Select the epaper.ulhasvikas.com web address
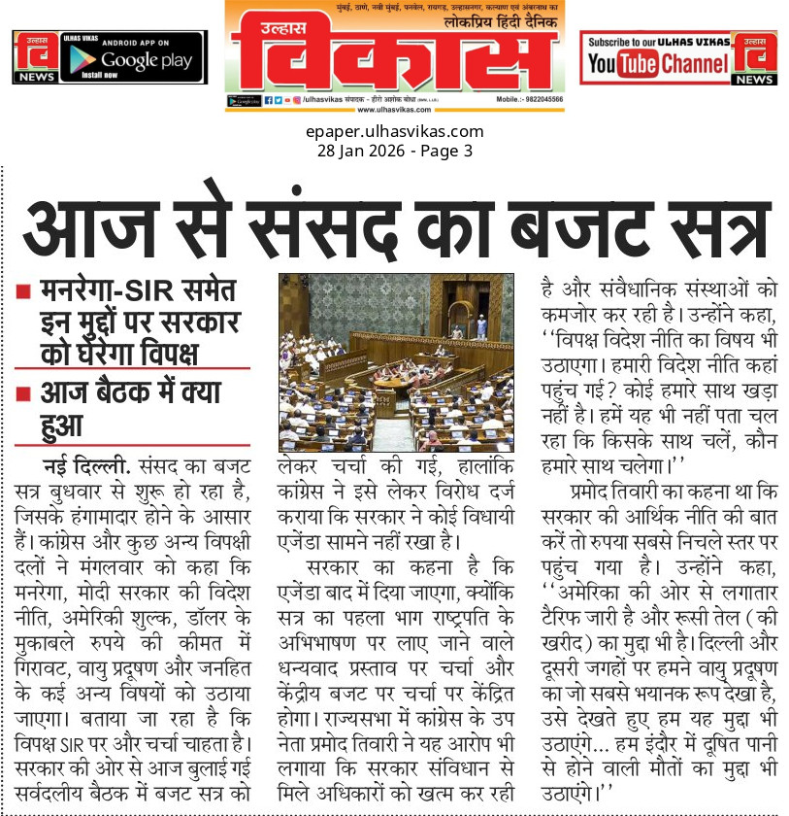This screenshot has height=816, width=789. [394, 132]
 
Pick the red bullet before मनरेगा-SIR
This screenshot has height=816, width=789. [23, 289]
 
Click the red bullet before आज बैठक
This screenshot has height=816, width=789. [23, 392]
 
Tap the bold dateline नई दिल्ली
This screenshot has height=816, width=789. [90, 461]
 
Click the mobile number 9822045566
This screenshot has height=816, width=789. [537, 100]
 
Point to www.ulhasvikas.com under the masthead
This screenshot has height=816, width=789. [394, 110]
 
